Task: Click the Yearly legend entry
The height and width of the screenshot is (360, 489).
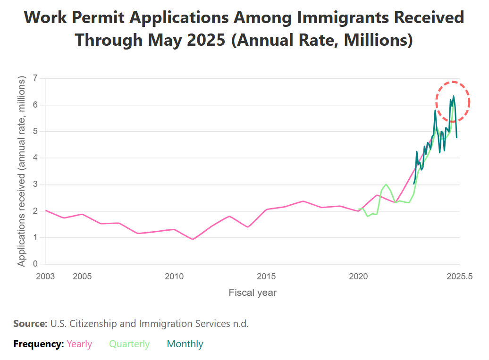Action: (x=79, y=344)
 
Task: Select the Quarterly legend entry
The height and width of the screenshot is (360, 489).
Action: (x=129, y=344)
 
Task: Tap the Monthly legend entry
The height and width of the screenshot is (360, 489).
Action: (x=185, y=344)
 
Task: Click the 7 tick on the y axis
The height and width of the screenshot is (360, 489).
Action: (x=34, y=78)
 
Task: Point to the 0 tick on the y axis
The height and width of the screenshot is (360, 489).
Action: (x=34, y=264)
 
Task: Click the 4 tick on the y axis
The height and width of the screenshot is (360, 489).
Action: (x=34, y=158)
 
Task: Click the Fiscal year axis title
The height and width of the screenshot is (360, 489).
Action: (x=253, y=293)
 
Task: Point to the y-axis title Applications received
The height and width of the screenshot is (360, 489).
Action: (x=22, y=172)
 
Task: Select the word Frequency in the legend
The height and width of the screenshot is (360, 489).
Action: (x=38, y=344)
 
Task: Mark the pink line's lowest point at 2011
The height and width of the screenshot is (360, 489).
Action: (x=193, y=239)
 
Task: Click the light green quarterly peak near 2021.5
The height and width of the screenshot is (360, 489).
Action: (x=386, y=184)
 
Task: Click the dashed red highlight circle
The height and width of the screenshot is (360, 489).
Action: (x=453, y=82)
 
